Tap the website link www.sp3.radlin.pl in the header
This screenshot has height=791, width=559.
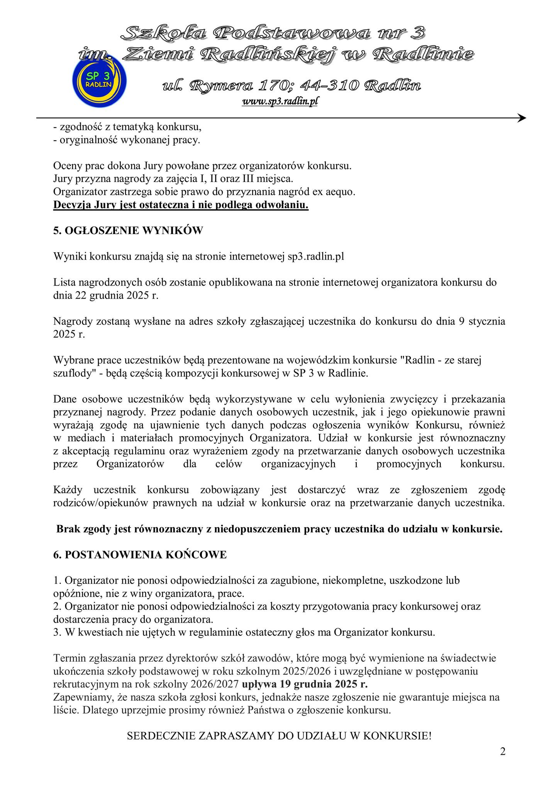279,101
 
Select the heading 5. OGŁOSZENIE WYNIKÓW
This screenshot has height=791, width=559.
128,231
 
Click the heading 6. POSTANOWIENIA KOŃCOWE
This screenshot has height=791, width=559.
140,555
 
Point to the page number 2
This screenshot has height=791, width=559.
502,751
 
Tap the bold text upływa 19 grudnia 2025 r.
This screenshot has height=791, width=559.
305,685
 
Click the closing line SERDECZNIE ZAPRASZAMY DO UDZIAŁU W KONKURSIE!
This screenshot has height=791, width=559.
279,736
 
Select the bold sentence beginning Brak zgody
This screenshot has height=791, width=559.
279,529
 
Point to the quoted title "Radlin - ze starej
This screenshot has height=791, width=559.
442,360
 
